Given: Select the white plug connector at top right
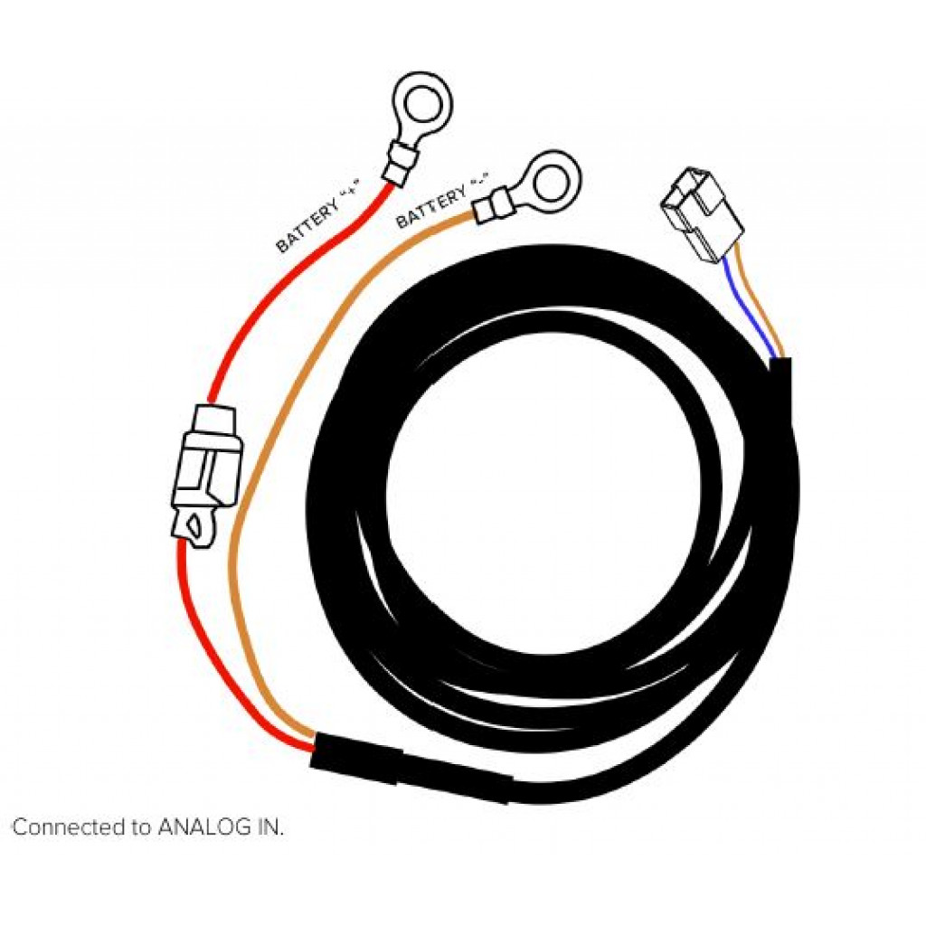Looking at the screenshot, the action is tap(701, 215).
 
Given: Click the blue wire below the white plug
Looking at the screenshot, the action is tap(749, 311).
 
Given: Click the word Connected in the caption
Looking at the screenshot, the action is tap(70, 827).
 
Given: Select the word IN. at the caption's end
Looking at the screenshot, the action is tap(269, 827).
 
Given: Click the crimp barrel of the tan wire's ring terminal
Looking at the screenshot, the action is tap(491, 205).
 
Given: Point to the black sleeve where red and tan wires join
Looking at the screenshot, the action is tap(410, 767).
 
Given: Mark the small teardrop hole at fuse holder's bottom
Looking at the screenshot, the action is tap(194, 524).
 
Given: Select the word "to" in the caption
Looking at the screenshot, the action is tap(142, 827).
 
